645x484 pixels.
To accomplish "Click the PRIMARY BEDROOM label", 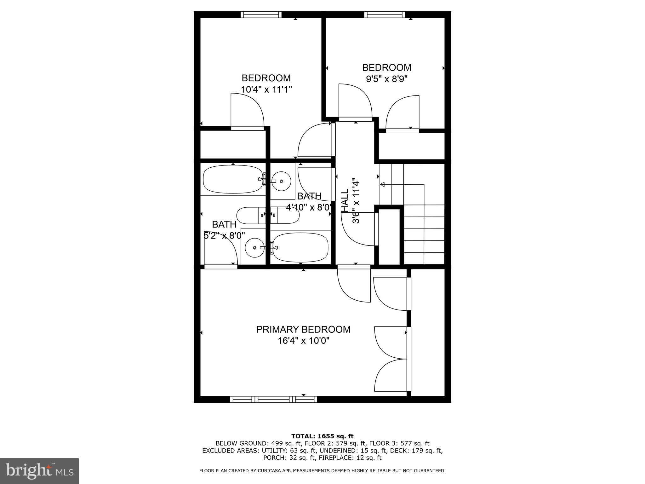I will click(x=303, y=329).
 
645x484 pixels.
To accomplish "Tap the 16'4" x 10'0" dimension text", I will click(x=303, y=341).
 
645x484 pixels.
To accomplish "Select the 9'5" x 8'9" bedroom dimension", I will click(x=386, y=79).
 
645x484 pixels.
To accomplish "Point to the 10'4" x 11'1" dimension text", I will click(x=266, y=89).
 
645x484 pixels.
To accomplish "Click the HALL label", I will click(x=345, y=200).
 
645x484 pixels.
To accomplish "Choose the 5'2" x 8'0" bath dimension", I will click(x=224, y=235).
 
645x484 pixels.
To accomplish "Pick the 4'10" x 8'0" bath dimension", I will click(x=309, y=207).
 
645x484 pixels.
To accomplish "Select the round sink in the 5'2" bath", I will click(x=254, y=248).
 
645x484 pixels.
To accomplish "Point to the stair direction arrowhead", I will click(x=383, y=184).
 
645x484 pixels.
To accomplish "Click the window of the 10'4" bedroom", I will click(x=261, y=14).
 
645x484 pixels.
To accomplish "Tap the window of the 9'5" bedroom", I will click(x=384, y=14).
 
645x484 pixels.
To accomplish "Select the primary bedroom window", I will click(x=273, y=399).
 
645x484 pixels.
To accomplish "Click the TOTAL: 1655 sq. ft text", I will click(x=322, y=436).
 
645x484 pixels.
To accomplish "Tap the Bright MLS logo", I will click(x=39, y=471).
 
